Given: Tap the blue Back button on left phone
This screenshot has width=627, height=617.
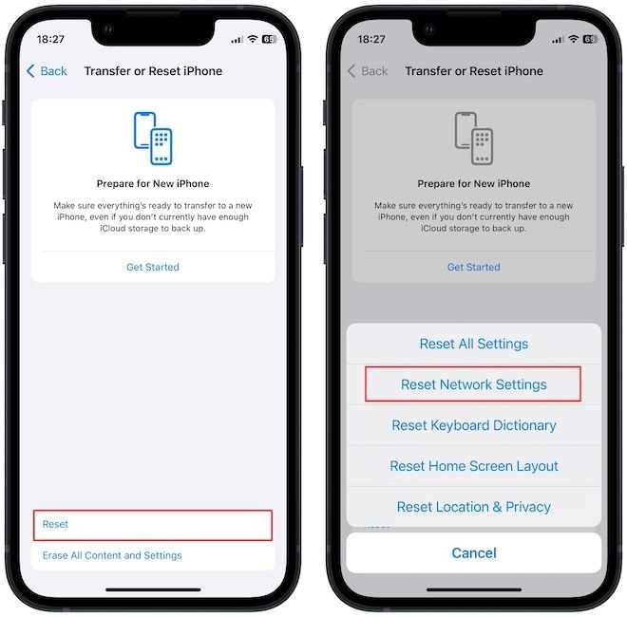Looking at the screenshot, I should [x=47, y=71].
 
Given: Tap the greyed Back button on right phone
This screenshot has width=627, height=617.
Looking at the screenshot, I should [x=368, y=71].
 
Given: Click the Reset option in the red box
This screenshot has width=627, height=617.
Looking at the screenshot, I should [x=56, y=524].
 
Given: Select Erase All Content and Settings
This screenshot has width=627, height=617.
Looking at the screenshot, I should [x=112, y=555].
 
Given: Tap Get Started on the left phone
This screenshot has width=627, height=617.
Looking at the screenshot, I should [x=153, y=267].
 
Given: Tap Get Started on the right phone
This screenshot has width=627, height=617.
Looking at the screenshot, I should [x=473, y=267].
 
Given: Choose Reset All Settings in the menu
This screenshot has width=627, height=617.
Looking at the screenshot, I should [x=473, y=344].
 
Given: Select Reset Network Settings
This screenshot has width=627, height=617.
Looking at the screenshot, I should [x=473, y=384].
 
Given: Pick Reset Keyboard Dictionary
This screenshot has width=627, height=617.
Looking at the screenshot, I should [x=473, y=425].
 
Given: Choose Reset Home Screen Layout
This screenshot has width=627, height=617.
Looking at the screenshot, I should [x=473, y=466].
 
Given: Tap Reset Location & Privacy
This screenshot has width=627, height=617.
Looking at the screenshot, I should [x=473, y=507].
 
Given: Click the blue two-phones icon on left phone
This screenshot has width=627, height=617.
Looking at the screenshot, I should [x=153, y=140].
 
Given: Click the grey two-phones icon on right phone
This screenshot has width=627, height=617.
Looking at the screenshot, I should [x=473, y=140].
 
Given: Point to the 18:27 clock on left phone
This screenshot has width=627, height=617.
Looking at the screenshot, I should [x=50, y=40].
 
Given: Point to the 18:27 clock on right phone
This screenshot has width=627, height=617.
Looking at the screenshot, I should [x=371, y=40].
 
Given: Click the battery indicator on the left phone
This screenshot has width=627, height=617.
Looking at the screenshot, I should [x=270, y=40].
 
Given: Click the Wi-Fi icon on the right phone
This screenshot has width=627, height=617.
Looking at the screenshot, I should [x=573, y=40].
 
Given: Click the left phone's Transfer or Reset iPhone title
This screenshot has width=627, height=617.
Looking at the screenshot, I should [x=152, y=71].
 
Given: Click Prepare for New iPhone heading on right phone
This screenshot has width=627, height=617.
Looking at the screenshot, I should [x=473, y=183].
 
